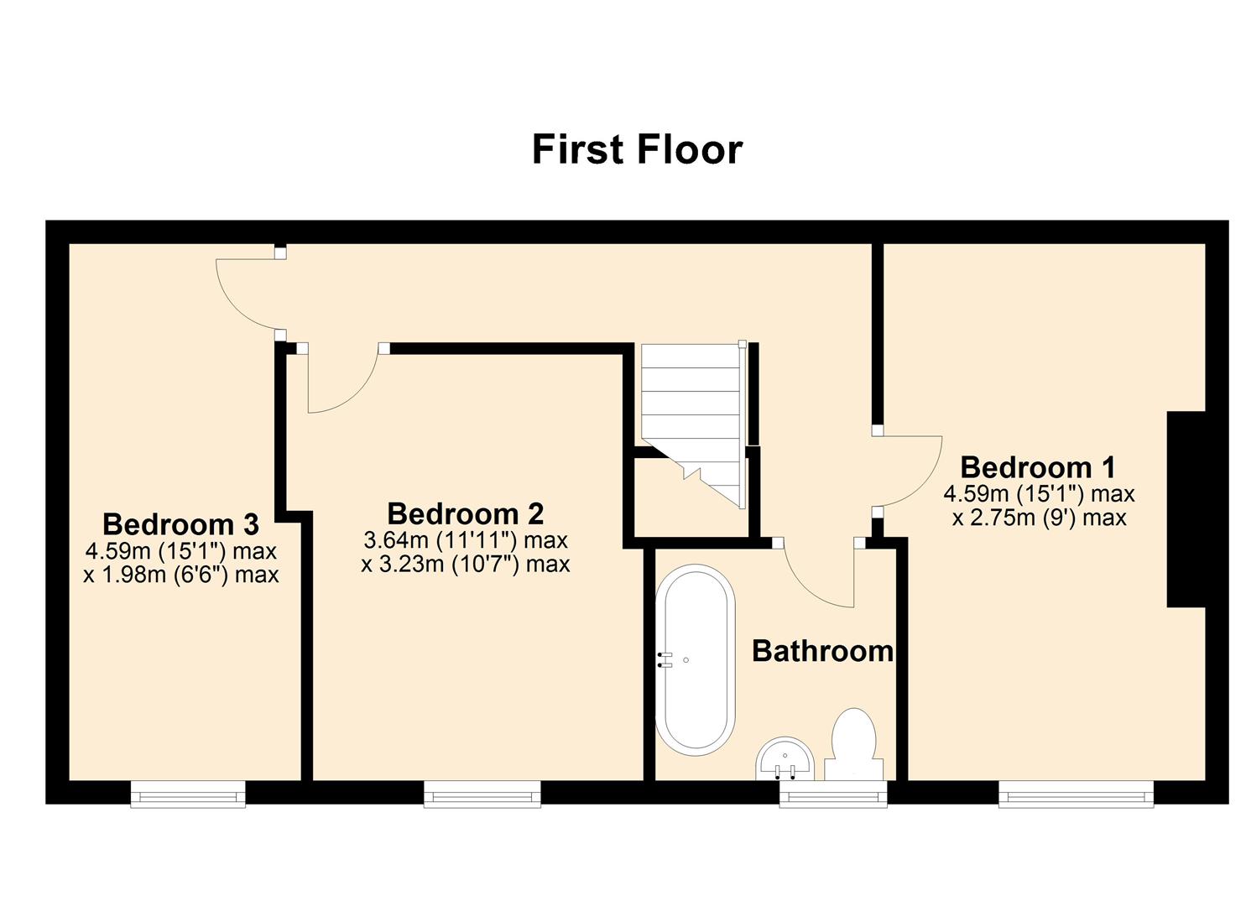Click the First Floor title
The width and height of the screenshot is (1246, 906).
(637, 149)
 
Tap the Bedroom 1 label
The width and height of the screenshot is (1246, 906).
(1038, 467)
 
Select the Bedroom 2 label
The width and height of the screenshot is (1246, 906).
(465, 513)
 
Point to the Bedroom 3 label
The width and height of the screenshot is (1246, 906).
(180, 524)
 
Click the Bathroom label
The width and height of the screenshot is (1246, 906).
(822, 651)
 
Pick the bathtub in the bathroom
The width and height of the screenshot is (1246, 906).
(695, 659)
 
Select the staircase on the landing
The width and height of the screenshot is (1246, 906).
(693, 411)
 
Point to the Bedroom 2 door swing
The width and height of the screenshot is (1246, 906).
(340, 382)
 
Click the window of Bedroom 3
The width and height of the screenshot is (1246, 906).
(188, 793)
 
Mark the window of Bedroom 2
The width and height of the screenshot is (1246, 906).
(482, 793)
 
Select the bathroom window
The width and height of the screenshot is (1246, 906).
(832, 793)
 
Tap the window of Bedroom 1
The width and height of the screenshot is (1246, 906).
(1076, 793)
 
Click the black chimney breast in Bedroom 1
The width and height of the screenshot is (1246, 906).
(1186, 508)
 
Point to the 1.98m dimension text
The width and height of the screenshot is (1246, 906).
(181, 575)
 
